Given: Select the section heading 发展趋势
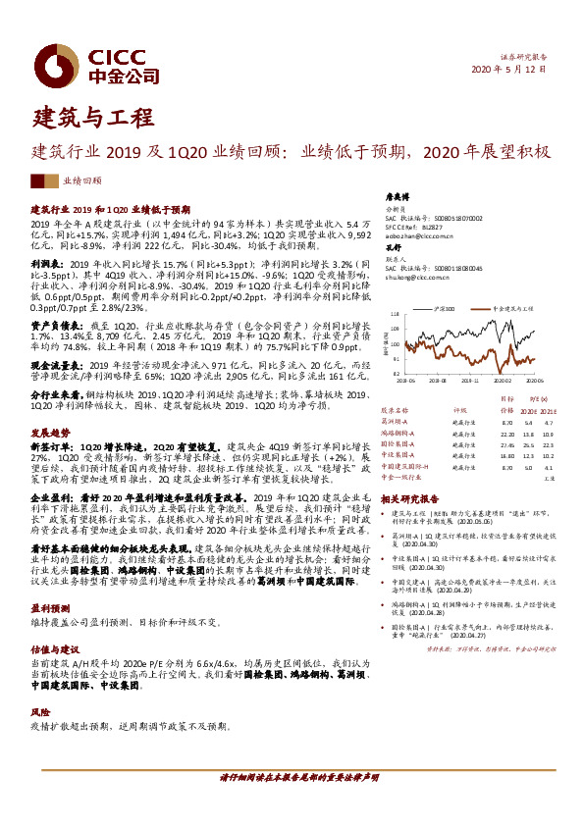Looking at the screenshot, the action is tap(49, 404).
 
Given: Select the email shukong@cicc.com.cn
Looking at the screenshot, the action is tap(412, 277).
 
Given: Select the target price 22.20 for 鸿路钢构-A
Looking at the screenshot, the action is tap(506, 404).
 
